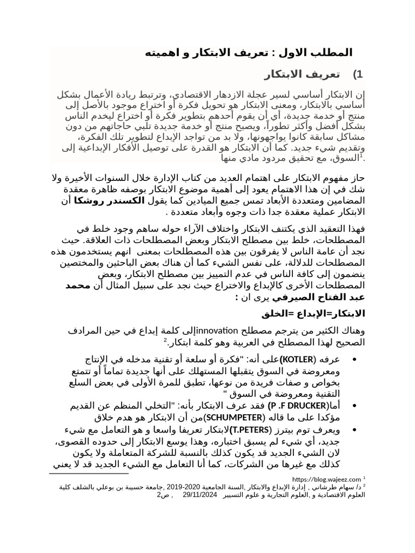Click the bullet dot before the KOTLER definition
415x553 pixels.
354,360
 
